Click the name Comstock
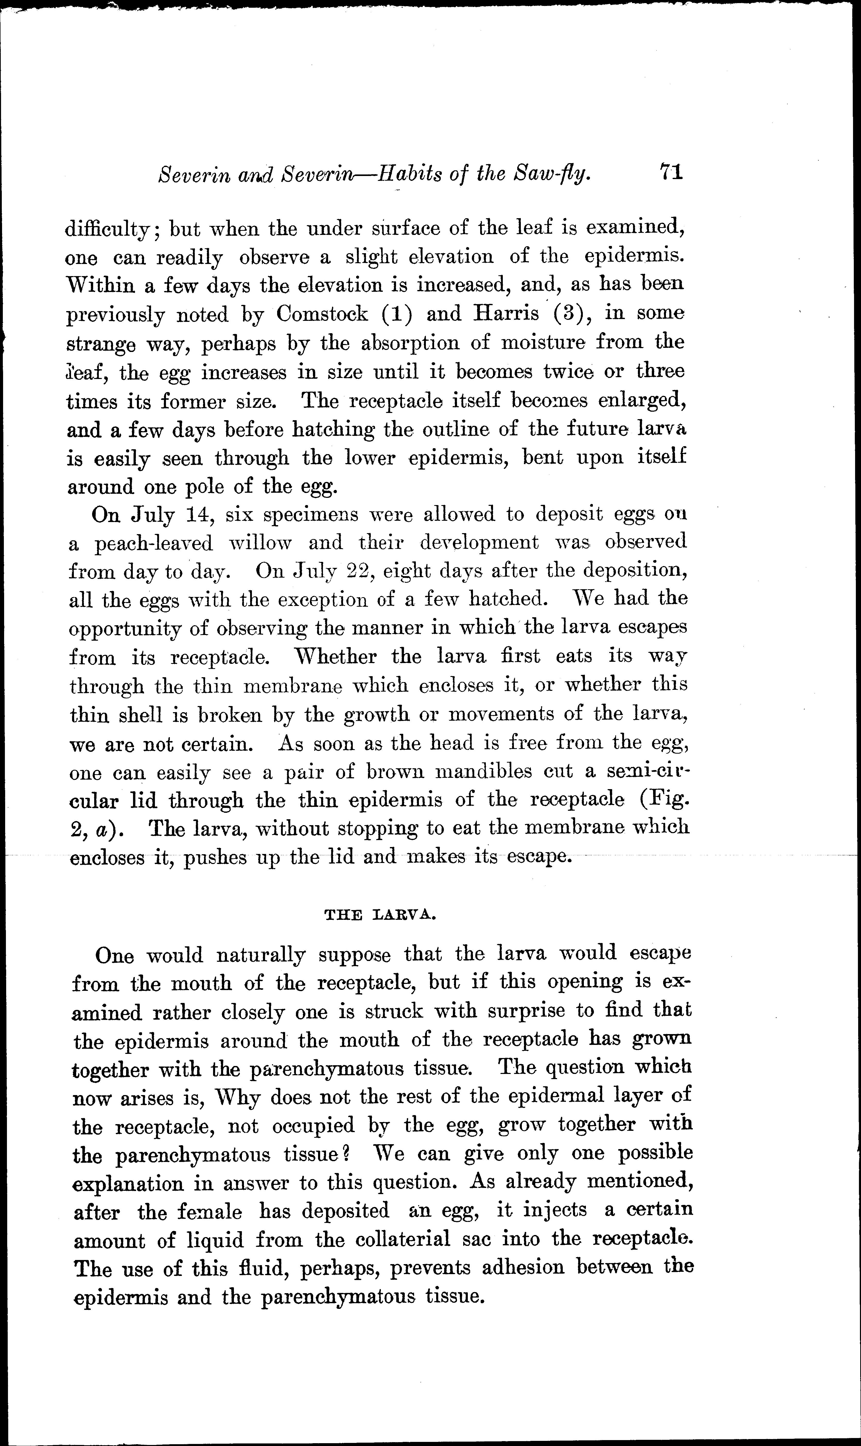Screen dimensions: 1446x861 click(x=322, y=314)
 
